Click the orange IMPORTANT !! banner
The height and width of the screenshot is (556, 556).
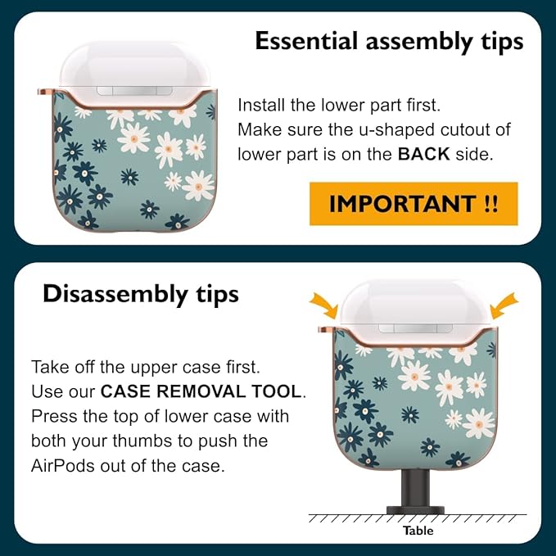pyautogui.click(x=414, y=204)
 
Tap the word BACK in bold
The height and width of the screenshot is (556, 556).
pyautogui.click(x=423, y=154)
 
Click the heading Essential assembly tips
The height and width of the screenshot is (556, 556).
pyautogui.click(x=389, y=42)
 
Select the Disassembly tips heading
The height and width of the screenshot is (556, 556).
pyautogui.click(x=140, y=295)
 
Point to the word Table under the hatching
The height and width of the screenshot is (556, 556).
pyautogui.click(x=418, y=531)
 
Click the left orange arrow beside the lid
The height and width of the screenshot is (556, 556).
pyautogui.click(x=323, y=305)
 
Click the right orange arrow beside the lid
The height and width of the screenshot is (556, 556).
pyautogui.click(x=504, y=305)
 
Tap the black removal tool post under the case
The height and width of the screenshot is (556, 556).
pyautogui.click(x=415, y=492)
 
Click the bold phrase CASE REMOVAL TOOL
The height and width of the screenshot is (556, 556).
pyautogui.click(x=201, y=391)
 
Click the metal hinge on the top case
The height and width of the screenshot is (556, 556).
pyautogui.click(x=135, y=91)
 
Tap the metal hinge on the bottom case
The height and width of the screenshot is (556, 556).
pyautogui.click(x=415, y=328)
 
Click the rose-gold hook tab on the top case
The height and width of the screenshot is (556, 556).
pyautogui.click(x=45, y=92)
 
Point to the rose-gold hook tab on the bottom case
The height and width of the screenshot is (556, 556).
pyautogui.click(x=326, y=330)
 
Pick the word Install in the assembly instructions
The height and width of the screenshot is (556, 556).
pyautogui.click(x=261, y=106)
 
